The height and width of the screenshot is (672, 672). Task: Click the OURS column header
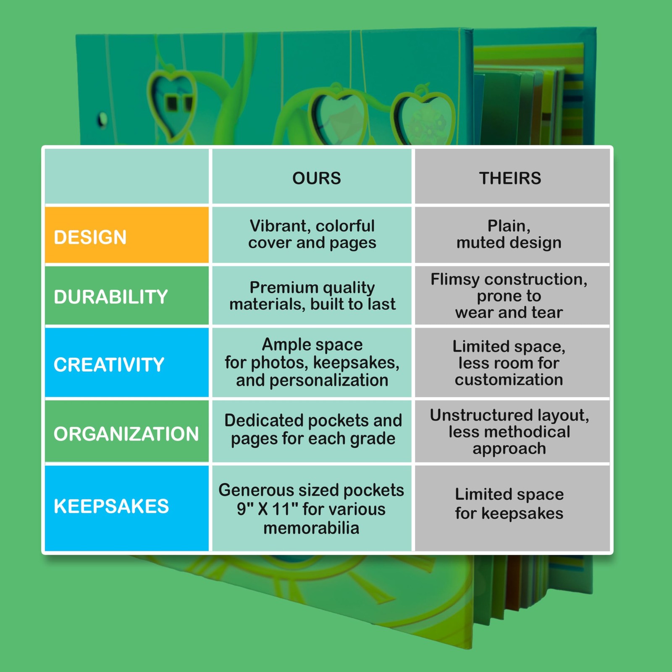click(x=316, y=178)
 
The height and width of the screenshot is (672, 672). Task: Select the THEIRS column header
click(x=510, y=178)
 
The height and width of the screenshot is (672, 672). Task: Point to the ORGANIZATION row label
click(x=126, y=433)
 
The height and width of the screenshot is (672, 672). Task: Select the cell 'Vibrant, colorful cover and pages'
click(x=312, y=234)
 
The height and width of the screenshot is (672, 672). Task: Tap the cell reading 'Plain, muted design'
click(x=509, y=234)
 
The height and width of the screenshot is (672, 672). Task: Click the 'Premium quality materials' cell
click(x=312, y=296)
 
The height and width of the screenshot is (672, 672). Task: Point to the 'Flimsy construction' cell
click(x=509, y=296)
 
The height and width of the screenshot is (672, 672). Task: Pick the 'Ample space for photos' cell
click(x=312, y=362)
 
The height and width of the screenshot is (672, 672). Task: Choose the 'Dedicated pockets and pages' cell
click(x=313, y=429)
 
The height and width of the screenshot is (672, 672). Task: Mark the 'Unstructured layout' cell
click(x=509, y=432)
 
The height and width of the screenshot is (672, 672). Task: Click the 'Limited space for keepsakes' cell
click(x=509, y=504)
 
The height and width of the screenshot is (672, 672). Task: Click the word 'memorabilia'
click(x=311, y=528)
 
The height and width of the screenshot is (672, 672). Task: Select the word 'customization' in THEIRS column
click(x=509, y=380)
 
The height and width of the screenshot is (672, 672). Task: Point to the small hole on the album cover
click(x=102, y=120)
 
